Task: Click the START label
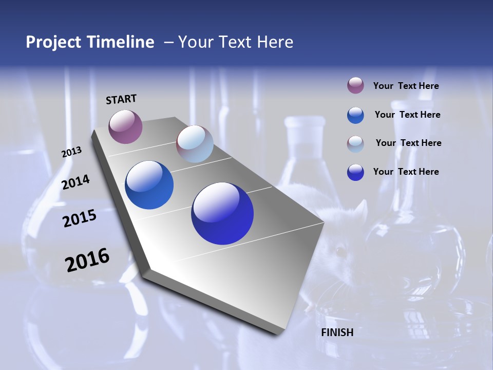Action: [x=121, y=99]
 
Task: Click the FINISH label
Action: [x=337, y=332]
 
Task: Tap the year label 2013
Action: [x=71, y=152]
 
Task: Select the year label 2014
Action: [x=75, y=182]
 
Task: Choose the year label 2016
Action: [x=87, y=260]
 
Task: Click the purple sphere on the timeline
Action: [x=125, y=126]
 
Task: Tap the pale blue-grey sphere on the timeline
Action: [x=195, y=144]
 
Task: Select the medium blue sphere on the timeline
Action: [x=149, y=185]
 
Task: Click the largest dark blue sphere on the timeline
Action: [x=222, y=213]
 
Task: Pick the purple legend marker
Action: [x=355, y=86]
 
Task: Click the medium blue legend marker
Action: [x=355, y=115]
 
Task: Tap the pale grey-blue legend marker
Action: [x=355, y=143]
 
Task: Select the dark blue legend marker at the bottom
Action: [x=355, y=172]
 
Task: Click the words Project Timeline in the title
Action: [x=90, y=42]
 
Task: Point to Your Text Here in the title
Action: [x=236, y=42]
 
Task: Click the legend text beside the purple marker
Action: [x=406, y=86]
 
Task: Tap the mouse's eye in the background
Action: [x=339, y=251]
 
